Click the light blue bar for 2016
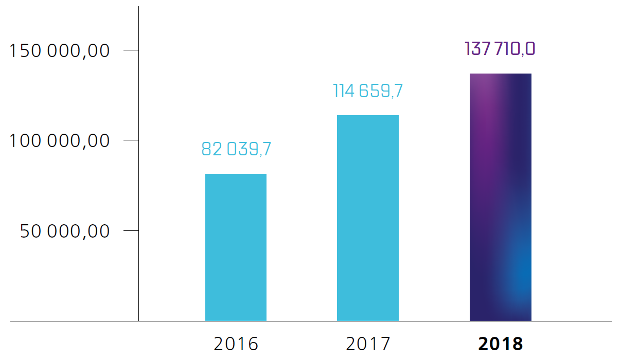click(236, 247)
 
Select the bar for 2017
click(367, 218)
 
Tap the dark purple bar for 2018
click(500, 197)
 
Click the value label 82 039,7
click(236, 149)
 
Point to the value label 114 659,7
click(368, 91)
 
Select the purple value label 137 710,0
click(500, 49)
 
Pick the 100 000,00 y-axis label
click(60, 140)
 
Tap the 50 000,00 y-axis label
click(65, 231)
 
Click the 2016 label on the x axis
click(236, 344)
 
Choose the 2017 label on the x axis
click(368, 344)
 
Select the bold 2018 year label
click(501, 344)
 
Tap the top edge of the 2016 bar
click(236, 174)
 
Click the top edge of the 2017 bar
click(367, 116)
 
